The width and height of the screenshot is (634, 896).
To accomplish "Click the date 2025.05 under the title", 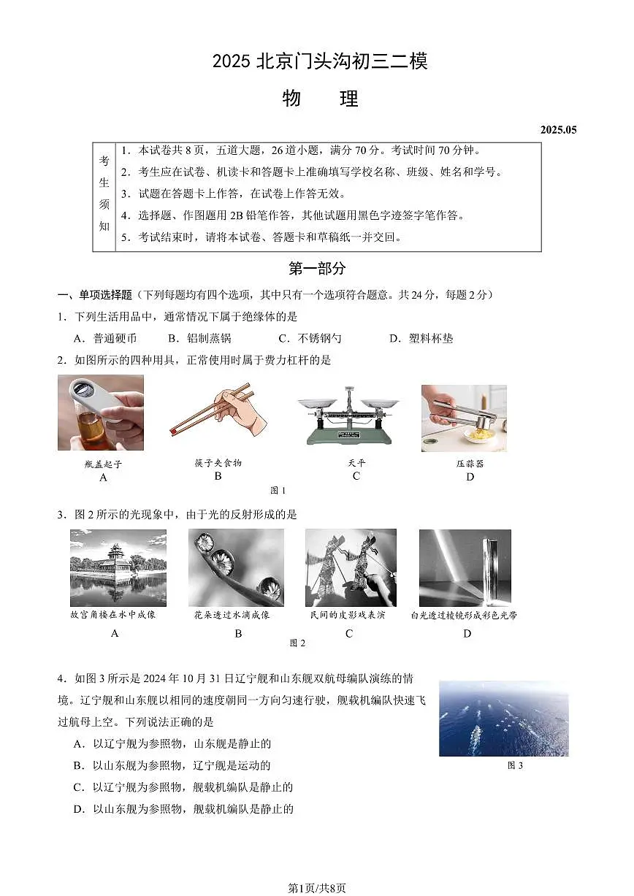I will [558, 130].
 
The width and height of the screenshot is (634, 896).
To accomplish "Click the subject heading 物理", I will [320, 99].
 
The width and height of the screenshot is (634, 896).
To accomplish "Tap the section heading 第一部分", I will [317, 269].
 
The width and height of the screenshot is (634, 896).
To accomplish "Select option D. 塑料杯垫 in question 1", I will [421, 338].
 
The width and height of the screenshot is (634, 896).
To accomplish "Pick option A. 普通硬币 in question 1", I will [105, 338].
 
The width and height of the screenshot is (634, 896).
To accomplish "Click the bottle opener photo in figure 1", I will [101, 413].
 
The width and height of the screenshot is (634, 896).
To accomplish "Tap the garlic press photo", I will [464, 418].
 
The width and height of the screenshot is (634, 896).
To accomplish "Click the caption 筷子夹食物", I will [218, 463].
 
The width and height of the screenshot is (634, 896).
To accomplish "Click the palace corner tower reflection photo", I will [118, 567].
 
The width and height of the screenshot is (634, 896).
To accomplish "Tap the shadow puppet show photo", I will [351, 567].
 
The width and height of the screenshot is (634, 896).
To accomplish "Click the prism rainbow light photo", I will [465, 567].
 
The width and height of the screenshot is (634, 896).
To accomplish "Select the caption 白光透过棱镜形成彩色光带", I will [464, 616].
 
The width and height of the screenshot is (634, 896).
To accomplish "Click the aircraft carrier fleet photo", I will [503, 719].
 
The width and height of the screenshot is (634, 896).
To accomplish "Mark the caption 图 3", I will [515, 765].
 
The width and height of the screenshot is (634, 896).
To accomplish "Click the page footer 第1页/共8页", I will [317, 888].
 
